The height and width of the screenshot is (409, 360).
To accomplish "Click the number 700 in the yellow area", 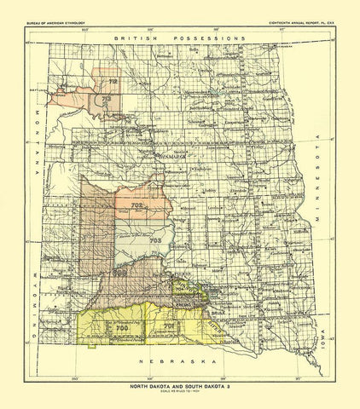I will click(x=121, y=327).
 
